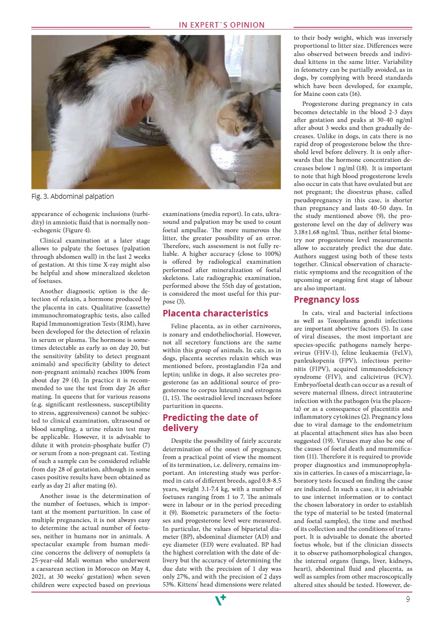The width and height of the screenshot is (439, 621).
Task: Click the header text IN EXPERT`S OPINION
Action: click(x=221, y=25)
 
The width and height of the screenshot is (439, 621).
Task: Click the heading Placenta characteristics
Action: click(x=215, y=313)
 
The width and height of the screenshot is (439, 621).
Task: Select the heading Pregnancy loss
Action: click(x=326, y=300)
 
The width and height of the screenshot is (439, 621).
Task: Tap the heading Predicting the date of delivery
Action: click(x=210, y=423)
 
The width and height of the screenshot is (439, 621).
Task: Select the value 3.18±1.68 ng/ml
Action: click(x=316, y=231)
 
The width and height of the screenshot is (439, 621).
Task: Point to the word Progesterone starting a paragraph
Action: click(x=324, y=104)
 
